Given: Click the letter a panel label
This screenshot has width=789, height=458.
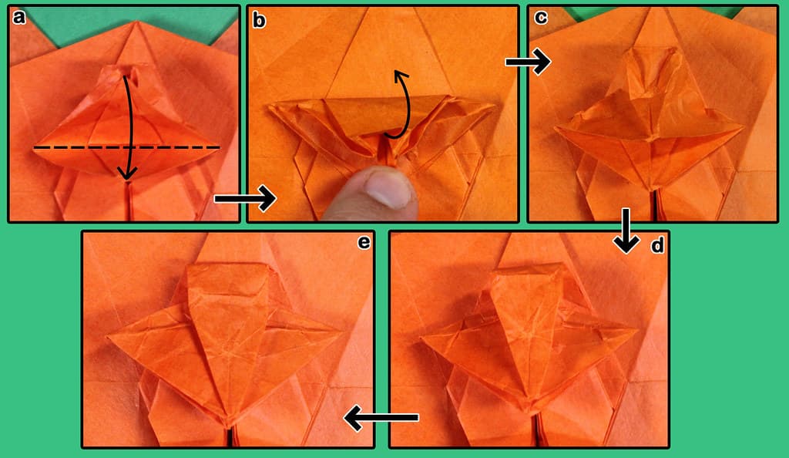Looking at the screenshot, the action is [19, 18].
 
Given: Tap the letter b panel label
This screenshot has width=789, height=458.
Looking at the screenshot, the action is [259, 20].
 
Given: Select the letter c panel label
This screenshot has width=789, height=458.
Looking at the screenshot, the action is [540, 18].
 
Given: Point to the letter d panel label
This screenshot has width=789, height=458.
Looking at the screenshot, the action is [657, 246].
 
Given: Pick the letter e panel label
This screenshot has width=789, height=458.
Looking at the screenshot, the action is [364, 243].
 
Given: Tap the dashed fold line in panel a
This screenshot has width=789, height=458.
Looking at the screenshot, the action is [127, 147].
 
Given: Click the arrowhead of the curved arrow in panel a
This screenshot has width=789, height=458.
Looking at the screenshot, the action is [127, 173].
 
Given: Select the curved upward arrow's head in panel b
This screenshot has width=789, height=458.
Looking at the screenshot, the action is [400, 76].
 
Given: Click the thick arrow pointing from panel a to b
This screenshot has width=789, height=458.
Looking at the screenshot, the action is [245, 199].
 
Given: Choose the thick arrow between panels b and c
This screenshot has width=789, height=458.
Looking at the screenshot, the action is [528, 62].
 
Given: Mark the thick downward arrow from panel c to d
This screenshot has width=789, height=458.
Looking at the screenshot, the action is [626, 231].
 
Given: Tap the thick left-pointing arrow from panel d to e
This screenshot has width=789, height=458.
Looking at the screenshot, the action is [381, 418].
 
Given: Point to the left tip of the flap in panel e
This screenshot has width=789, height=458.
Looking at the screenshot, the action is [108, 337].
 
